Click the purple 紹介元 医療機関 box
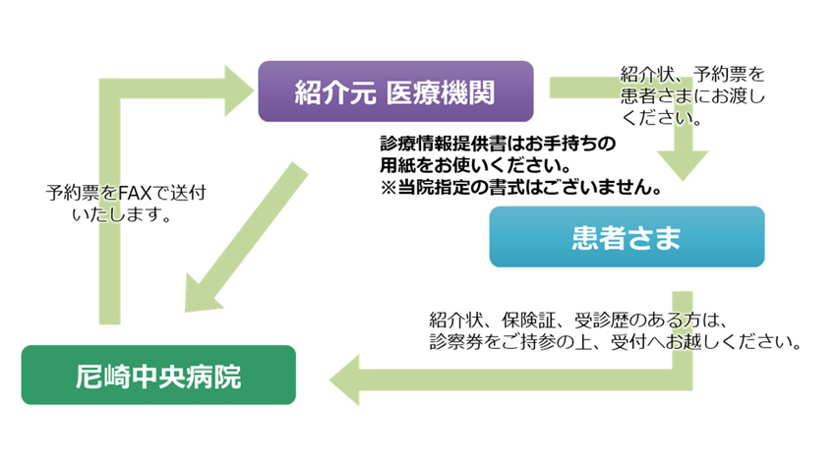click(395, 91)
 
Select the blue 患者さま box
click(627, 237)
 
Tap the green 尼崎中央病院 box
click(158, 375)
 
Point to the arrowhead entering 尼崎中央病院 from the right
click(344, 381)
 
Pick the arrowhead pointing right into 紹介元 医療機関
click(239, 90)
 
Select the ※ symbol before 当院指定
click(388, 188)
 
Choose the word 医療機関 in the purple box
click(441, 91)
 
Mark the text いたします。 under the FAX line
click(122, 214)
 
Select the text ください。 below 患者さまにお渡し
click(662, 118)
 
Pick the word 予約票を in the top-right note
click(730, 74)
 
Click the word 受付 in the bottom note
click(629, 342)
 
